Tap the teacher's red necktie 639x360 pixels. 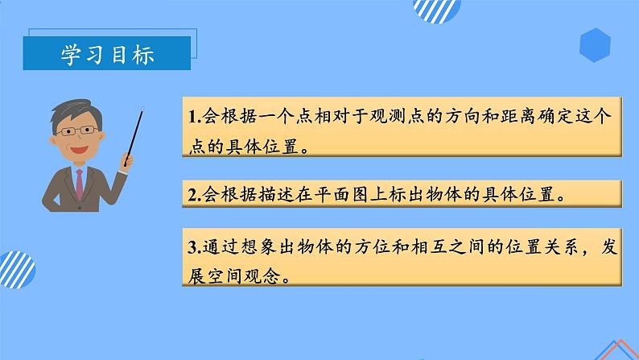point(79,180)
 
